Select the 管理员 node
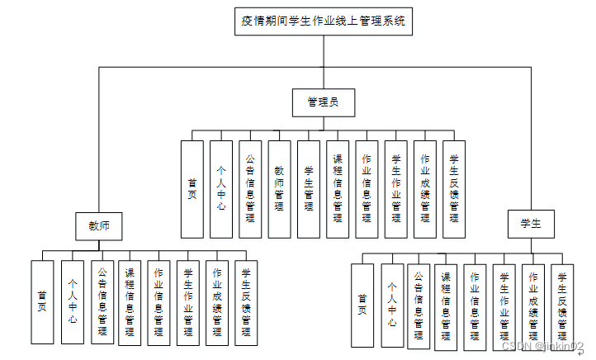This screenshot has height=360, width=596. tap(323, 102)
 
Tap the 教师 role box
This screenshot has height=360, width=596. tap(99, 224)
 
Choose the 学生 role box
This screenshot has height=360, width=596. tap(530, 224)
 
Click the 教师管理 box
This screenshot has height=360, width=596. tap(280, 190)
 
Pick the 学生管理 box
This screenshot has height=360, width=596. tap(309, 190)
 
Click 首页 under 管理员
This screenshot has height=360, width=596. tap(192, 190)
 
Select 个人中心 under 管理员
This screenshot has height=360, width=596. tap(221, 190)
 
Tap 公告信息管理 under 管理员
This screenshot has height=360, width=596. tap(251, 190)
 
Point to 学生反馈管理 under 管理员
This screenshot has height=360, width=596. tap(455, 190)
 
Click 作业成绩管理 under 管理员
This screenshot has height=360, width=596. tap(425, 190)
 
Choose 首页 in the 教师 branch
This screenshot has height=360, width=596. tap(42, 302)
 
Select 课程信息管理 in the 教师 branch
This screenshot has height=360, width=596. tap(129, 302)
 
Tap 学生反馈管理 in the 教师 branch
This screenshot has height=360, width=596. tap(246, 302)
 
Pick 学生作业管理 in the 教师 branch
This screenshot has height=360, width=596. tap(187, 302)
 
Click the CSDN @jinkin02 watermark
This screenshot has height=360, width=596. tap(548, 347)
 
